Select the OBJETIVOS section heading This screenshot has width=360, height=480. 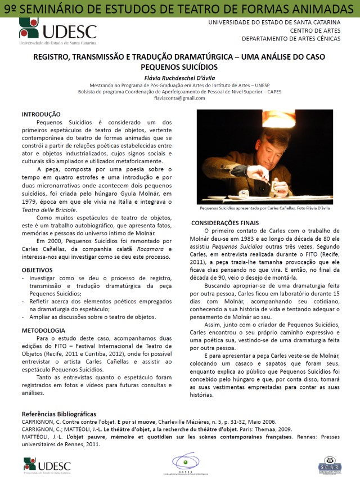click(37, 270)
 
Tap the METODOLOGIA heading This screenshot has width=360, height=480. click(44, 330)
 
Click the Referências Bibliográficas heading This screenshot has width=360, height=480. click(59, 414)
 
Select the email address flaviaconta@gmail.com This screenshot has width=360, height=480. click(179, 98)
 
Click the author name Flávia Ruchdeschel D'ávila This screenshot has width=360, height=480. click(179, 77)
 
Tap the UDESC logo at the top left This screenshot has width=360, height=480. click(57, 31)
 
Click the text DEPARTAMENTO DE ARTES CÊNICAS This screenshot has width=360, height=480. click(291, 39)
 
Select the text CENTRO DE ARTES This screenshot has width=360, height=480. click(316, 30)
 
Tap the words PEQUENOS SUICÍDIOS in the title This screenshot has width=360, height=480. click(179, 66)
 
